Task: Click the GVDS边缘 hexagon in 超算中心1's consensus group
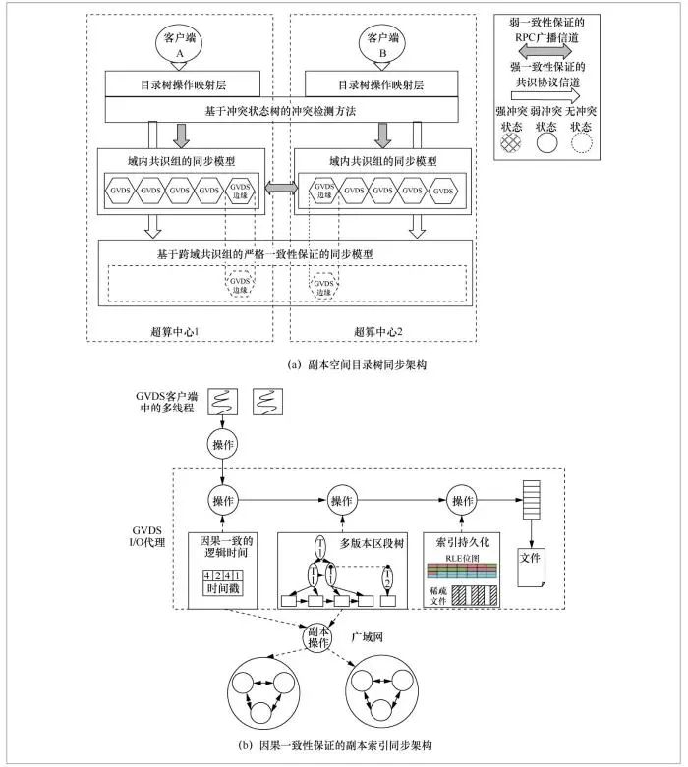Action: tap(241, 190)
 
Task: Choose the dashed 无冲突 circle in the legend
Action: tap(585, 140)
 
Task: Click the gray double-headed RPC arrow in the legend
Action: tap(547, 47)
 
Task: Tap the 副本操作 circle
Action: tap(317, 638)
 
